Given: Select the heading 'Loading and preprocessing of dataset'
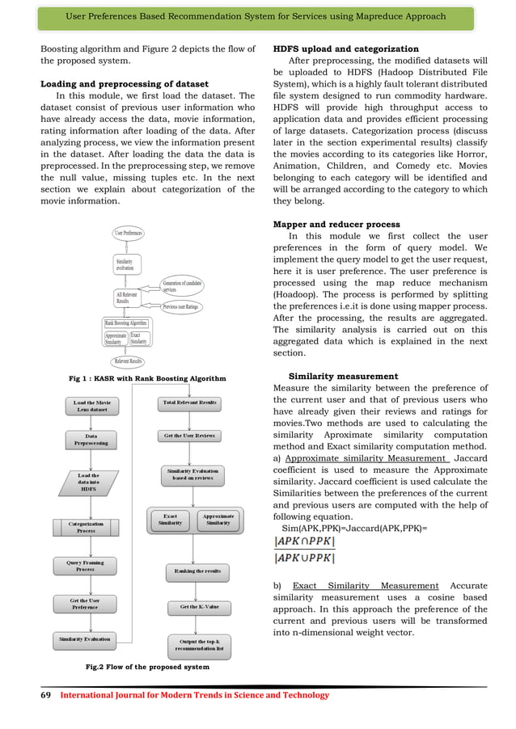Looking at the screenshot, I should click(x=125, y=84).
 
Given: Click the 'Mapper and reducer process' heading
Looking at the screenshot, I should click(x=336, y=224).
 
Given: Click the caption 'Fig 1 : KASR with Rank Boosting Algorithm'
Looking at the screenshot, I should click(x=146, y=378).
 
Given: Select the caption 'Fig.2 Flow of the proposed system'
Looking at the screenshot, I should click(x=146, y=667).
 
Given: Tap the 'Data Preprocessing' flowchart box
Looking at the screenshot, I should click(x=91, y=440).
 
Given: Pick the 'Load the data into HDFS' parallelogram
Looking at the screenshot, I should click(x=89, y=481).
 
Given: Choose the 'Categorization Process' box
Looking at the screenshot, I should click(x=86, y=527).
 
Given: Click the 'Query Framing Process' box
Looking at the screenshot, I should click(x=85, y=565).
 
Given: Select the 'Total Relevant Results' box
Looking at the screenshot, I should click(x=190, y=402).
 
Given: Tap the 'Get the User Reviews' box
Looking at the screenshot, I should click(x=190, y=436).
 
